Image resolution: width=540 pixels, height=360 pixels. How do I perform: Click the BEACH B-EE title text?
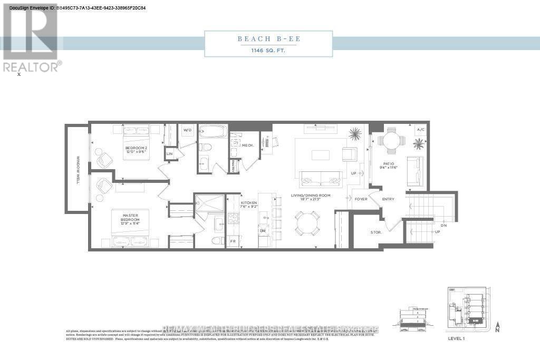click(268, 39)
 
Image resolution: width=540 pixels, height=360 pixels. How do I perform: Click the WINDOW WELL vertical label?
click(78, 169)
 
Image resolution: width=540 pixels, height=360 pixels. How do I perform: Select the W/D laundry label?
click(187, 130)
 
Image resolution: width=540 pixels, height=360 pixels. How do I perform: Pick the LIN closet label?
click(170, 153)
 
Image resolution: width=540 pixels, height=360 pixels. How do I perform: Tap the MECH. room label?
click(247, 145)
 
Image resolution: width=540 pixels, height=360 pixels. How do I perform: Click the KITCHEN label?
click(248, 205)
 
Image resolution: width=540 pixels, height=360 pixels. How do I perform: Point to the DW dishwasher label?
click(262, 231)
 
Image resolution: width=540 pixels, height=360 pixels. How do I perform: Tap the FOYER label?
click(361, 199)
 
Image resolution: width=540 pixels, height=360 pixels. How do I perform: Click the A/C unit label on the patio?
click(420, 130)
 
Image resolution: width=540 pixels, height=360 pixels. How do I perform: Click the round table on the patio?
click(391, 141)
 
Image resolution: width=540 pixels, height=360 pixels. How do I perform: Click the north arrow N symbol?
click(497, 328)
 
